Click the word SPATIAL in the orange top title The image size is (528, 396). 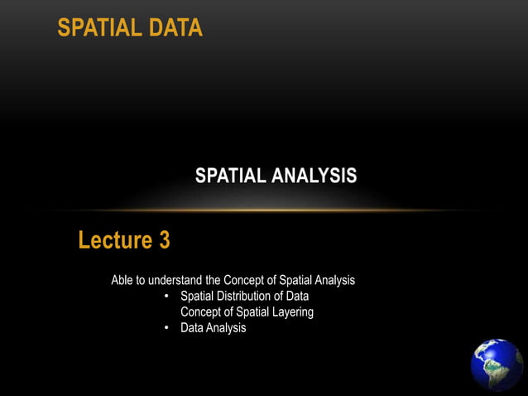click(95, 28)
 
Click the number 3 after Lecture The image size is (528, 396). click(164, 241)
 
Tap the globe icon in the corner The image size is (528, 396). click(497, 365)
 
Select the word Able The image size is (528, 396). click(123, 280)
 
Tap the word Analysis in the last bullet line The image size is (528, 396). click(228, 327)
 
